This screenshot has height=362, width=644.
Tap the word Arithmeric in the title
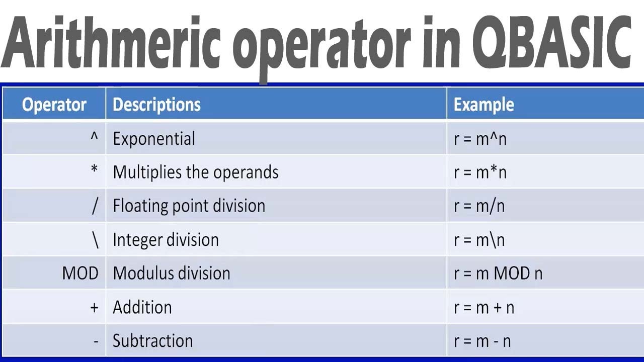(111, 43)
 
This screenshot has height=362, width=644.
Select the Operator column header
(54, 105)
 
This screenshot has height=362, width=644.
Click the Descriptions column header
(156, 105)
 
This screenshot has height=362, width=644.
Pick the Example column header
(484, 105)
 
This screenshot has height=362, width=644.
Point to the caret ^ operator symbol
(94, 137)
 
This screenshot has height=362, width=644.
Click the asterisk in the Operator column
(94, 170)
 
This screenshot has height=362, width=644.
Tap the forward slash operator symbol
(95, 206)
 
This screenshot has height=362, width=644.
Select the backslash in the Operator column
(95, 240)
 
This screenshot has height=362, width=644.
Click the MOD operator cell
(80, 274)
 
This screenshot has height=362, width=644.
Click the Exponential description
(153, 139)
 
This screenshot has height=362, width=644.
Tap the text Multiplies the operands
(195, 172)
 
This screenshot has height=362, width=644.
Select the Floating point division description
(189, 206)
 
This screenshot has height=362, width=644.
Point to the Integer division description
(166, 240)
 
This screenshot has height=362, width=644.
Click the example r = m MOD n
(498, 274)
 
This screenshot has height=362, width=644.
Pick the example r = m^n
(480, 139)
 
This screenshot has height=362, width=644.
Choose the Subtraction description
(152, 341)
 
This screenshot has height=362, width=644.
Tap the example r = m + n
(484, 307)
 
